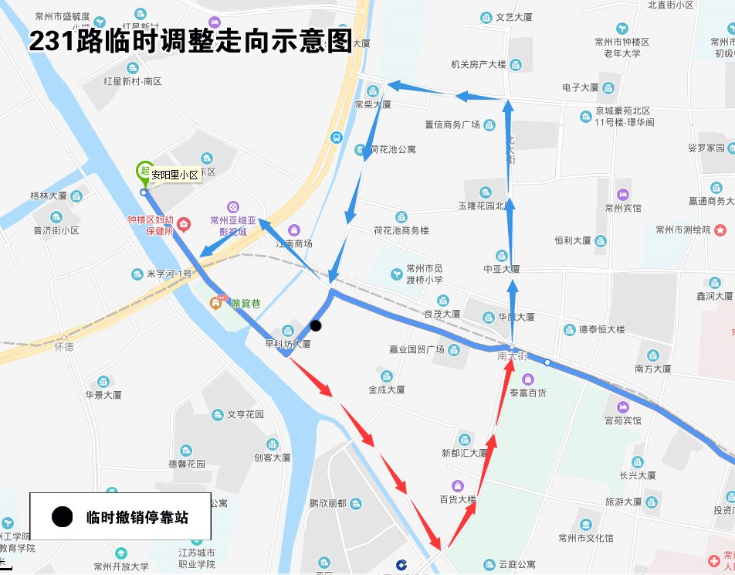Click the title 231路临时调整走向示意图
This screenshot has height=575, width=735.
[x=190, y=42]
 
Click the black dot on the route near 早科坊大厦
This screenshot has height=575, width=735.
[x=316, y=325]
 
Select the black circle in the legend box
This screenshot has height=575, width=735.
[x=62, y=517]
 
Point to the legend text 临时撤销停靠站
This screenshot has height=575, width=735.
[x=137, y=517]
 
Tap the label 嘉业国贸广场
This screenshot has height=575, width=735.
[x=417, y=349]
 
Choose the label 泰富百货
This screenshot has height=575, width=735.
[x=527, y=393]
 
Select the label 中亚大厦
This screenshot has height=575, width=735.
[x=502, y=269]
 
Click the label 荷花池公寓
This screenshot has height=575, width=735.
[x=393, y=149]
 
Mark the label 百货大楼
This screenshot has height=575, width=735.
[x=458, y=499]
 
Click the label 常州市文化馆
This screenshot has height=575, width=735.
[x=586, y=538]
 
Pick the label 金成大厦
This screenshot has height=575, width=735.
[x=386, y=390]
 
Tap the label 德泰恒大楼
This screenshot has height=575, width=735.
[x=601, y=329]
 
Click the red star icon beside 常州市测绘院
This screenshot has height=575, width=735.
[x=720, y=230]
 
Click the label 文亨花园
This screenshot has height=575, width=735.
[x=245, y=414]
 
